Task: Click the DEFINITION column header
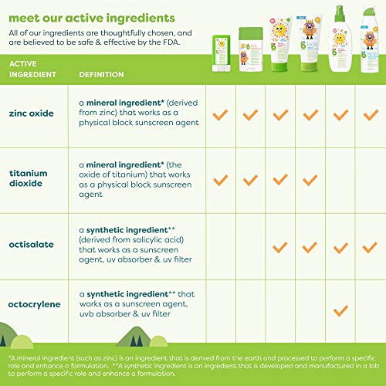pos(103,74)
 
